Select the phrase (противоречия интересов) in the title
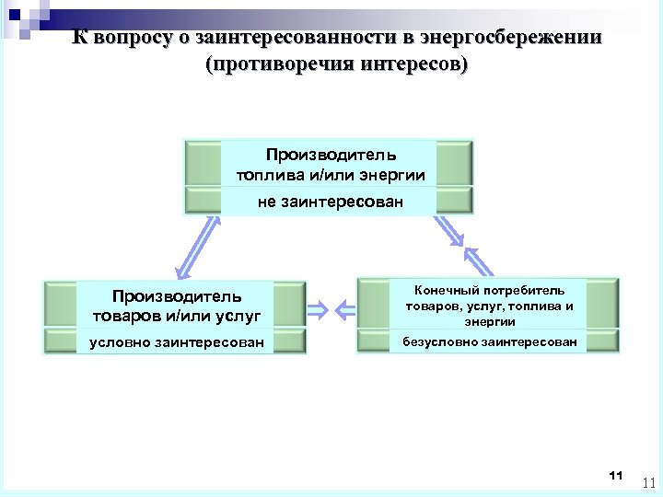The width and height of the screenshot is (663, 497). (338, 65)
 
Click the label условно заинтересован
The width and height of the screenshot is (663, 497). (176, 343)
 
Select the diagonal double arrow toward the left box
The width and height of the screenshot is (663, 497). (198, 247)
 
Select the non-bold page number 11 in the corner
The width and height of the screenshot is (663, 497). (646, 482)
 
